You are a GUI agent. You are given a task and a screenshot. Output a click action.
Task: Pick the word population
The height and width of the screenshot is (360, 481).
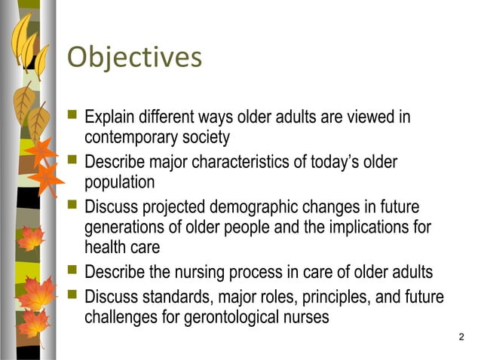119,182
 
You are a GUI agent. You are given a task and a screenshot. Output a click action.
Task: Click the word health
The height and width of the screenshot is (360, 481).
104,246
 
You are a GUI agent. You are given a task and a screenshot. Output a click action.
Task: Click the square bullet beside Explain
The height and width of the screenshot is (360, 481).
72,117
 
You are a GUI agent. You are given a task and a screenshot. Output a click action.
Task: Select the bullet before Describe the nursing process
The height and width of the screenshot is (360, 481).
72,270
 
